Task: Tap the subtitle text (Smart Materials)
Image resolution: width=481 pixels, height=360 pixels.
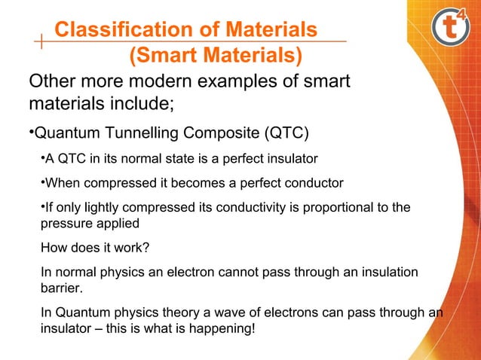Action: coord(216,56)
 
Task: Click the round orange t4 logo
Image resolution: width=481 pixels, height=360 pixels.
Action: coord(452,29)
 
